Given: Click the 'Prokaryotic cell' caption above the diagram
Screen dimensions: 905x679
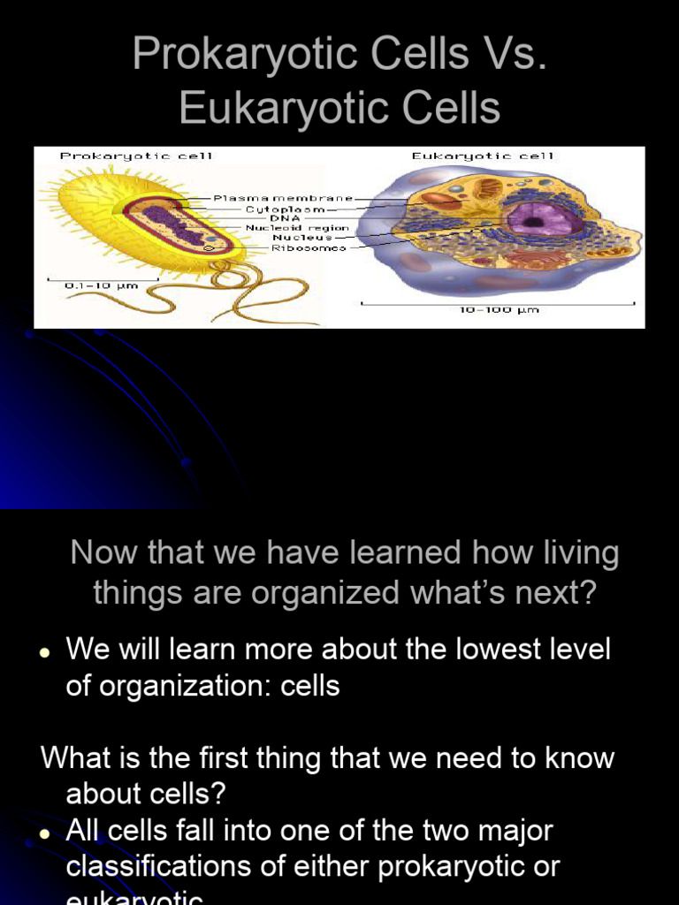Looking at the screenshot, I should [135, 156].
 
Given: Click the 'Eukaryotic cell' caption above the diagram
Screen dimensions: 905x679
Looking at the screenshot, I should [482, 156].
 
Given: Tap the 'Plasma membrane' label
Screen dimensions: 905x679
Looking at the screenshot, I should [283, 199].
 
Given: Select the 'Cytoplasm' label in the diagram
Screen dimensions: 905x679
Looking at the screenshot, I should [285, 209].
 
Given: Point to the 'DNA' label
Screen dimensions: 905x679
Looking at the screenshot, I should [285, 218].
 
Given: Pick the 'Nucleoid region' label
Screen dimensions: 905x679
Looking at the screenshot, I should [297, 228].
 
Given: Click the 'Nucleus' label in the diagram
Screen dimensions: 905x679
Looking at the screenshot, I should [302, 238].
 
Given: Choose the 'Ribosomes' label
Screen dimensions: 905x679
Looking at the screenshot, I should [309, 248].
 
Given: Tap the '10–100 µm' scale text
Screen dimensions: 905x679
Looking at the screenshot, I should [499, 310].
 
